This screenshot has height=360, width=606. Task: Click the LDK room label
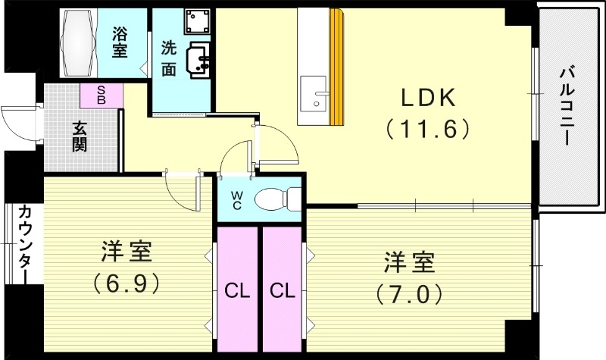click(x=428, y=98)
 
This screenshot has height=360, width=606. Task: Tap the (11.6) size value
click(x=428, y=128)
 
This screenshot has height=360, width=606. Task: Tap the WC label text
click(x=236, y=200)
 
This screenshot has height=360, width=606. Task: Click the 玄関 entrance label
click(x=79, y=136)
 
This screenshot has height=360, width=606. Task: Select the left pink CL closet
click(x=237, y=290)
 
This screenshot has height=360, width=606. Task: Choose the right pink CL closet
click(x=282, y=290)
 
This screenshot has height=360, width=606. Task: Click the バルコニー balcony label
click(x=567, y=105)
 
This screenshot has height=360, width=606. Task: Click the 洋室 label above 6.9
click(x=127, y=251)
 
